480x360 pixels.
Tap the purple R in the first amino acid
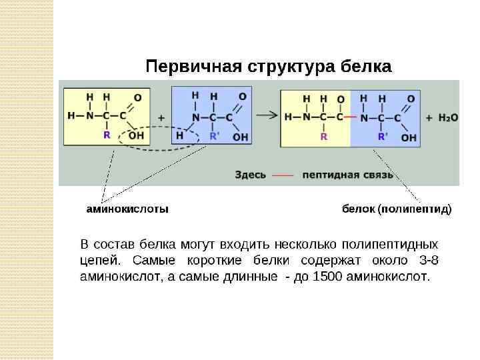[106, 135]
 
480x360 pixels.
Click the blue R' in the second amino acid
[214, 136]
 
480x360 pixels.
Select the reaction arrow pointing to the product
[267, 114]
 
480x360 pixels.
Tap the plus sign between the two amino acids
[161, 117]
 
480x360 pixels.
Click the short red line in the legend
[283, 175]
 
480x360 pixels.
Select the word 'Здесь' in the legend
[251, 175]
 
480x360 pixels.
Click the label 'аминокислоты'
[127, 209]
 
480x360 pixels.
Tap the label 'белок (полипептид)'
[397, 209]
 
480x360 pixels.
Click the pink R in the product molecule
[323, 137]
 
